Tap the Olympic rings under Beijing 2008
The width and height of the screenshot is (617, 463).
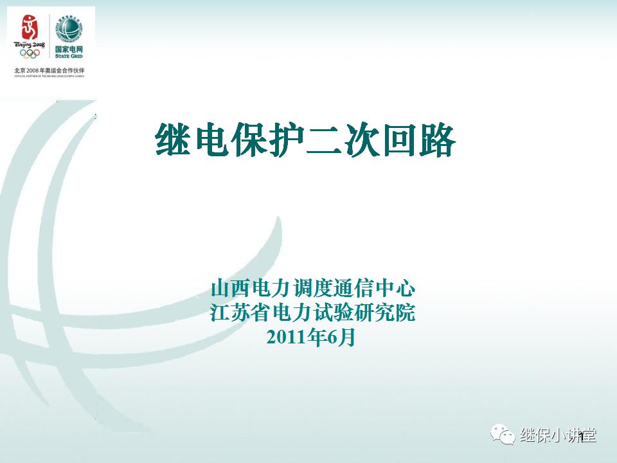click(30, 53)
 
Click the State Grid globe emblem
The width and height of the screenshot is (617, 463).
click(69, 28)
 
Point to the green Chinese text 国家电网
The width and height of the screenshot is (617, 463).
click(69, 49)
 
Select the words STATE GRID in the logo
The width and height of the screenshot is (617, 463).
click(69, 57)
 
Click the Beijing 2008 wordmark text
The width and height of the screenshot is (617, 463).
click(30, 44)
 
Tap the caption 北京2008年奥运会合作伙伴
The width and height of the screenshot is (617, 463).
click(49, 69)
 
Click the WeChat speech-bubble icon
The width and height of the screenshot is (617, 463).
click(504, 435)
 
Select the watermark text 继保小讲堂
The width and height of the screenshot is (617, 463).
click(558, 436)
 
